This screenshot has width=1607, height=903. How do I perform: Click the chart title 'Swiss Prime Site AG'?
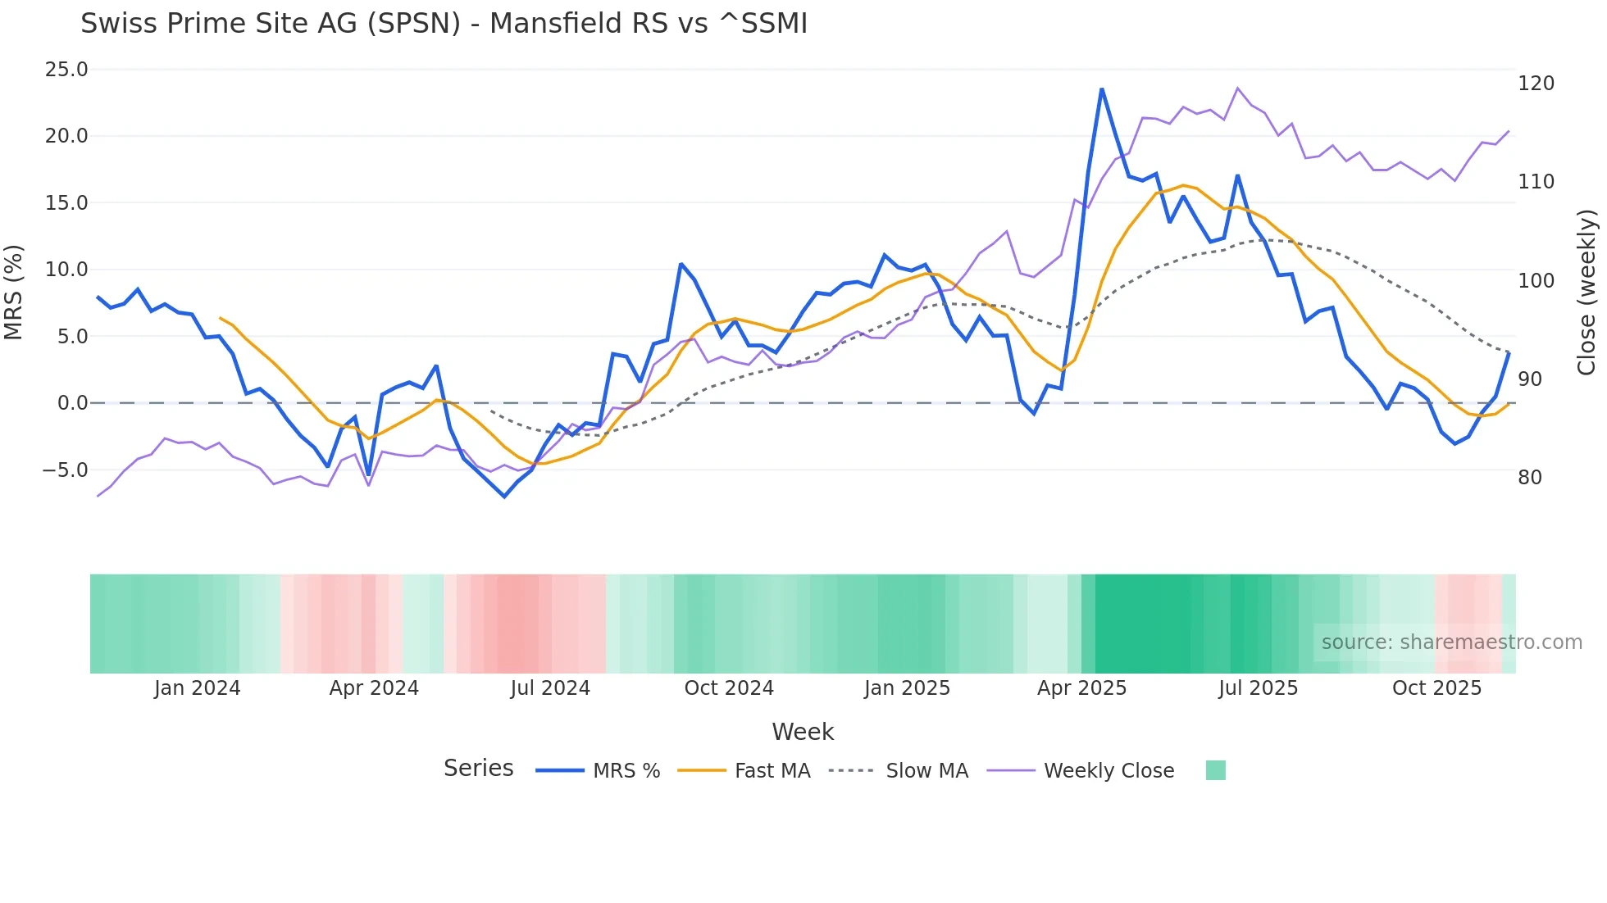444,24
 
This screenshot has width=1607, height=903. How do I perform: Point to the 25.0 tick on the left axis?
66,70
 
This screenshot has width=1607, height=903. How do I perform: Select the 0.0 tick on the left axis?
72,403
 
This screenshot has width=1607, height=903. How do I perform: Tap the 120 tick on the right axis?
1536,84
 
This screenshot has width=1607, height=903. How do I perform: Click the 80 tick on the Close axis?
1530,478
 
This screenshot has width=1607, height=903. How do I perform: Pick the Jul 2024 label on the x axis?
550,688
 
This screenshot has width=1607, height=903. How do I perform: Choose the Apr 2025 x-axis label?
1081,688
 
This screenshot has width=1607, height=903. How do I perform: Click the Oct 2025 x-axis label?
1436,688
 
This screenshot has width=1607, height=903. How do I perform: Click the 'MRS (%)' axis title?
14,293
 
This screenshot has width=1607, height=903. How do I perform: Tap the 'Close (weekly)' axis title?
1587,293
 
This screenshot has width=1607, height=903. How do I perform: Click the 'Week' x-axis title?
803,732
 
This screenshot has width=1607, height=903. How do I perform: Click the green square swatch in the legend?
1216,770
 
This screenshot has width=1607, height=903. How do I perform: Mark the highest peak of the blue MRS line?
1102,88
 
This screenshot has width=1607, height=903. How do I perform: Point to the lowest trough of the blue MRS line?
504,497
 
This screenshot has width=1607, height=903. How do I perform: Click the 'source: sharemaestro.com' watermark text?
1451,642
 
